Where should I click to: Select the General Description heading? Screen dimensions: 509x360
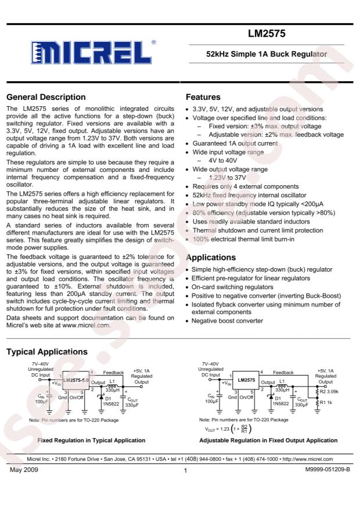click(x=45, y=97)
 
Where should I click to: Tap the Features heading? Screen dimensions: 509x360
click(x=203, y=97)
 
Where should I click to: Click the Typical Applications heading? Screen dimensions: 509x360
click(x=46, y=352)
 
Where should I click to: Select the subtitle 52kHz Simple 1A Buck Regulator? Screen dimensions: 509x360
click(x=267, y=54)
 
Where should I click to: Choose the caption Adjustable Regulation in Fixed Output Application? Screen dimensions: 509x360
click(x=268, y=441)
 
